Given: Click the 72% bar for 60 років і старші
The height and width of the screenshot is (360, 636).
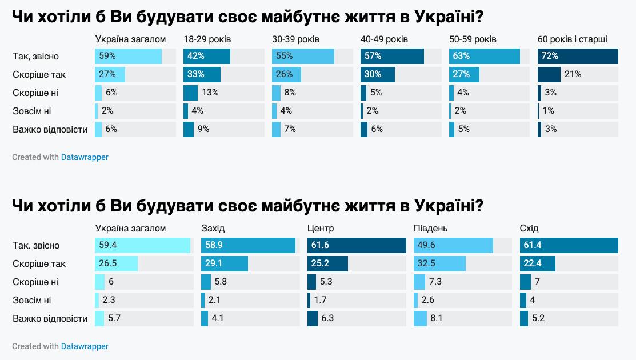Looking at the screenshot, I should click(578, 56).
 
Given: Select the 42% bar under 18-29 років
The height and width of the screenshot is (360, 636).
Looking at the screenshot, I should click(206, 56).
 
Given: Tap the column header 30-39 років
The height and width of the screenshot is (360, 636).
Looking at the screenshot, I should click(295, 39).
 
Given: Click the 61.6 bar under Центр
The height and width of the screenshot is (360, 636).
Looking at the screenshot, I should click(356, 245).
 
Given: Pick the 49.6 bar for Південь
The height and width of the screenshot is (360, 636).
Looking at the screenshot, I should click(453, 245).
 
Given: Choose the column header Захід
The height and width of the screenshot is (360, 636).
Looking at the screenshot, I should click(213, 229).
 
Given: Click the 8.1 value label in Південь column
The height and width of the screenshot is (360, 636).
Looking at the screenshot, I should click(437, 318).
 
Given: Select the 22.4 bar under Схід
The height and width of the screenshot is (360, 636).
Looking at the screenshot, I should click(537, 263).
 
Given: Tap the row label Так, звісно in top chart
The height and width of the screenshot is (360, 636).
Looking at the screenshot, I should click(35, 56).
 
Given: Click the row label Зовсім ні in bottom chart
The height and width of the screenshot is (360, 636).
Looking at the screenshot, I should click(31, 300).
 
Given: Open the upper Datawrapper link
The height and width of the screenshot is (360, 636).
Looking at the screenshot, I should click(85, 157).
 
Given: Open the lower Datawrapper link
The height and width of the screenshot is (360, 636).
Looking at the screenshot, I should click(85, 346).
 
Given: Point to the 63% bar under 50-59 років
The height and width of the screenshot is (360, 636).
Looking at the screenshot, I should click(484, 56).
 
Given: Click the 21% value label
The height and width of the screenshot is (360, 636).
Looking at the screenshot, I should click(573, 74).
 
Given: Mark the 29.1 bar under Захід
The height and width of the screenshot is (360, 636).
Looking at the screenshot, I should click(225, 263).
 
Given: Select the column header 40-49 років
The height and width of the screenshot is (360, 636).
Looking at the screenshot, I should click(384, 39).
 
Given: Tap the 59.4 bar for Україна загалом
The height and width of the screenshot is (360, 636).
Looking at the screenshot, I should click(142, 245).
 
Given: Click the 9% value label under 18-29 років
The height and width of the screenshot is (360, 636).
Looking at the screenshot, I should click(203, 129).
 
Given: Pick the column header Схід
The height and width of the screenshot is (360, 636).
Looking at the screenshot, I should click(529, 229).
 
